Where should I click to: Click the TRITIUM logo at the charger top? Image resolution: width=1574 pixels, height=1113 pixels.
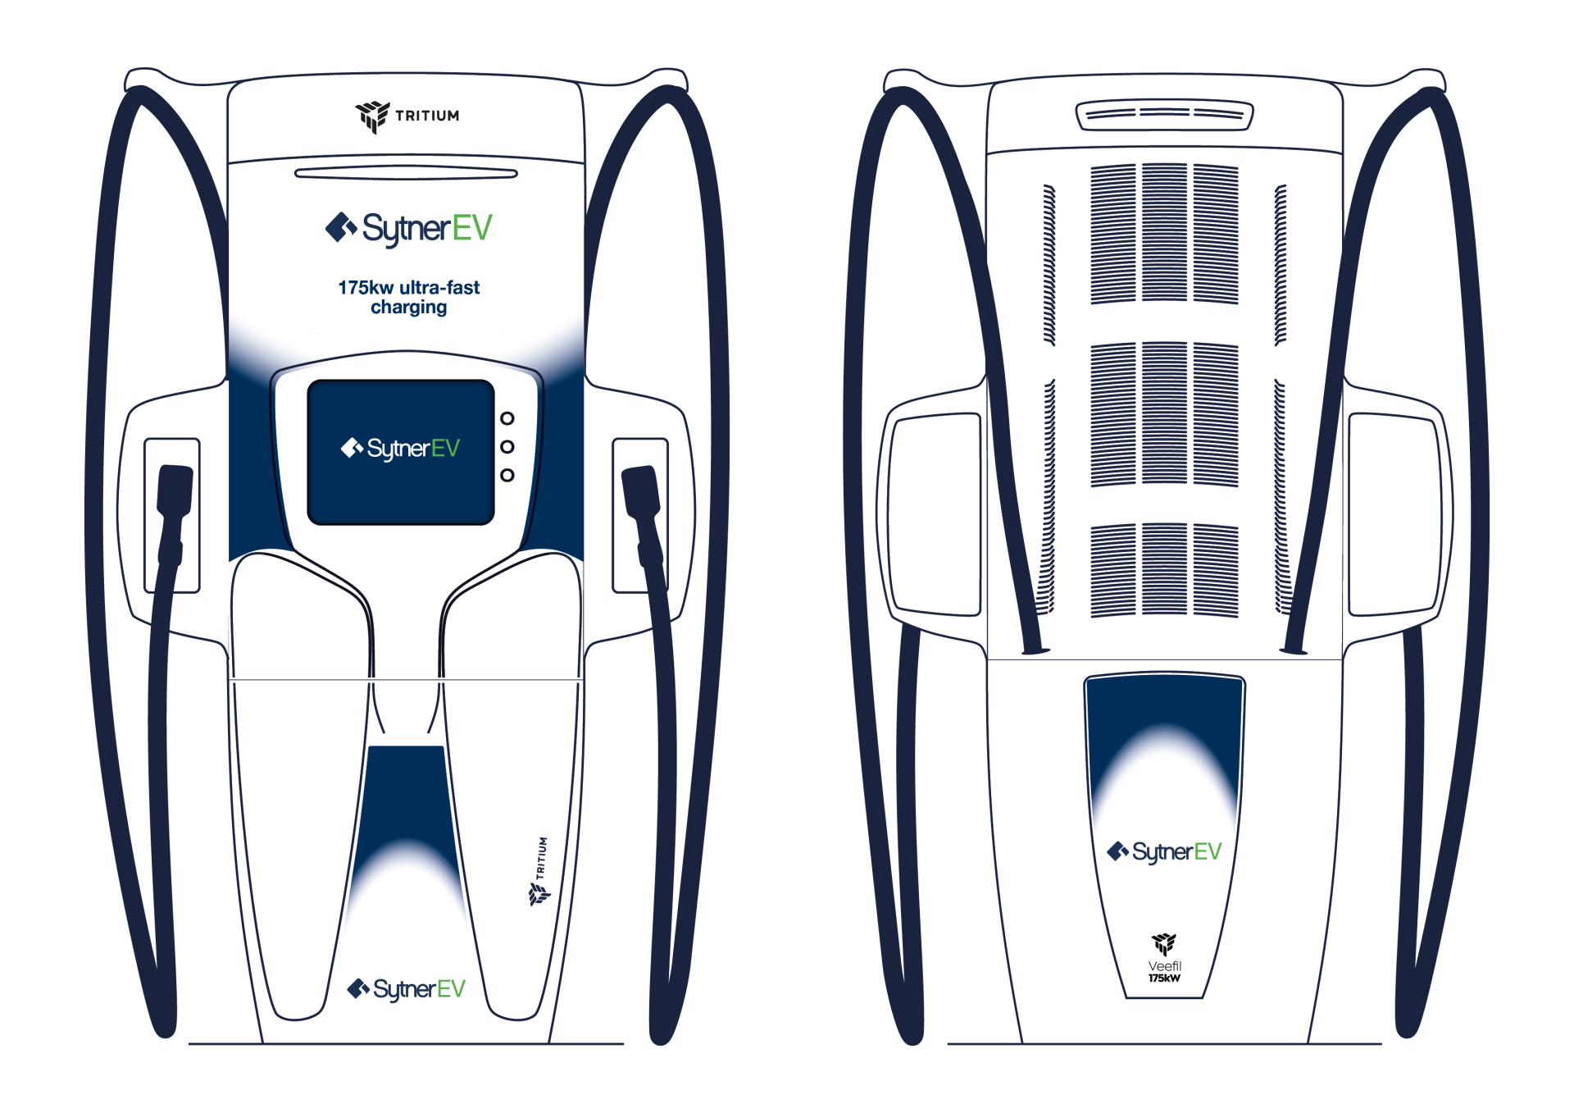[407, 116]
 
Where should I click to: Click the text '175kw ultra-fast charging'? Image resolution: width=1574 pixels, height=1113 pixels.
[408, 297]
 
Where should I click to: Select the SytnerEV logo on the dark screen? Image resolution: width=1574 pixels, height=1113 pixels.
[400, 448]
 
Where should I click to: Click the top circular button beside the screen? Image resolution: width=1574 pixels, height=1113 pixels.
[507, 418]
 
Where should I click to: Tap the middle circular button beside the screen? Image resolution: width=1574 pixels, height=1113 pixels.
[507, 447]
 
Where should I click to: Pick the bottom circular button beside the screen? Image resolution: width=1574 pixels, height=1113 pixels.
[507, 475]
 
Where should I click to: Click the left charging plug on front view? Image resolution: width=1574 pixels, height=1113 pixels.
[174, 492]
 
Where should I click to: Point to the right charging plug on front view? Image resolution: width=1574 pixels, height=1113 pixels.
[642, 492]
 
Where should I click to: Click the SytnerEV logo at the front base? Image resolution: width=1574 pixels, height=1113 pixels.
[407, 989]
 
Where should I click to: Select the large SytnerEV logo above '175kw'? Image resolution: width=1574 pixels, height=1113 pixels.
[408, 228]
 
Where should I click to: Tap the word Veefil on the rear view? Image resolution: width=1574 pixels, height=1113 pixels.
[1164, 966]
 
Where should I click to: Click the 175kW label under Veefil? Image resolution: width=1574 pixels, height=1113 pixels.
[1164, 978]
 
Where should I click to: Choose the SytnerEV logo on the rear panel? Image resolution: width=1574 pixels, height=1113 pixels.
[1164, 852]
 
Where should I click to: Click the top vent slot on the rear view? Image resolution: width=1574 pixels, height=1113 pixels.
[1164, 115]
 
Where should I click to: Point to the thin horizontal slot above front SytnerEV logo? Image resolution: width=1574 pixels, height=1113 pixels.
[406, 173]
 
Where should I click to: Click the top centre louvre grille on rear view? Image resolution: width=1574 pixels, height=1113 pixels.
[1164, 233]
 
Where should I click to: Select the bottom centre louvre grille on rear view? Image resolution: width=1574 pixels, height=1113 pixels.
[1164, 569]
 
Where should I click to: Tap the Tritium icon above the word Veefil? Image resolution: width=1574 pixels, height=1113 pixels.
[1164, 943]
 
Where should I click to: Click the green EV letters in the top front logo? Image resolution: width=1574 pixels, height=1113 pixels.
[472, 228]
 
